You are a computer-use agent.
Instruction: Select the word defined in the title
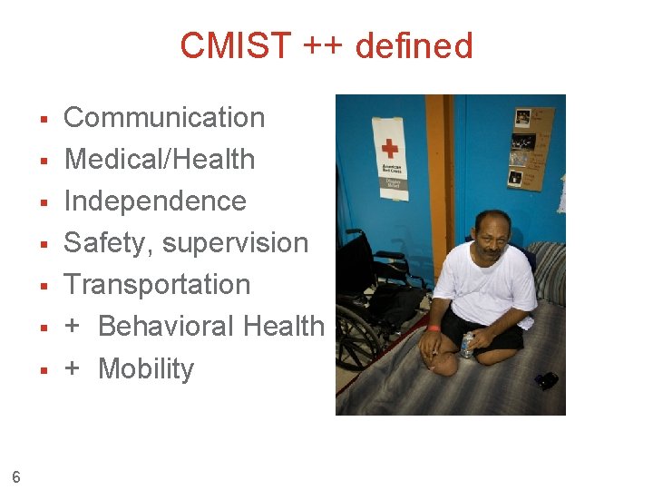pyautogui.click(x=414, y=45)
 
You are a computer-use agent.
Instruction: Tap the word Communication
pyautogui.click(x=164, y=117)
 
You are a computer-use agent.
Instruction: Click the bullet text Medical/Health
pyautogui.click(x=160, y=159)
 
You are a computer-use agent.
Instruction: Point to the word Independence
pyautogui.click(x=155, y=201)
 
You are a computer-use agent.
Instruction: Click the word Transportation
pyautogui.click(x=157, y=284)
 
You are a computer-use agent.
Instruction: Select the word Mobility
pyautogui.click(x=146, y=368)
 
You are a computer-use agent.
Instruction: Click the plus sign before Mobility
pyautogui.click(x=73, y=368)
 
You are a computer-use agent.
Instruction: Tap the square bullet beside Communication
pyautogui.click(x=43, y=118)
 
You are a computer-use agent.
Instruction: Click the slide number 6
pyautogui.click(x=16, y=475)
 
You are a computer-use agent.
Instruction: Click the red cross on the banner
pyautogui.click(x=390, y=148)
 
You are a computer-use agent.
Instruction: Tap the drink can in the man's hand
pyautogui.click(x=468, y=345)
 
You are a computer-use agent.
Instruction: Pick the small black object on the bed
pyautogui.click(x=546, y=380)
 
